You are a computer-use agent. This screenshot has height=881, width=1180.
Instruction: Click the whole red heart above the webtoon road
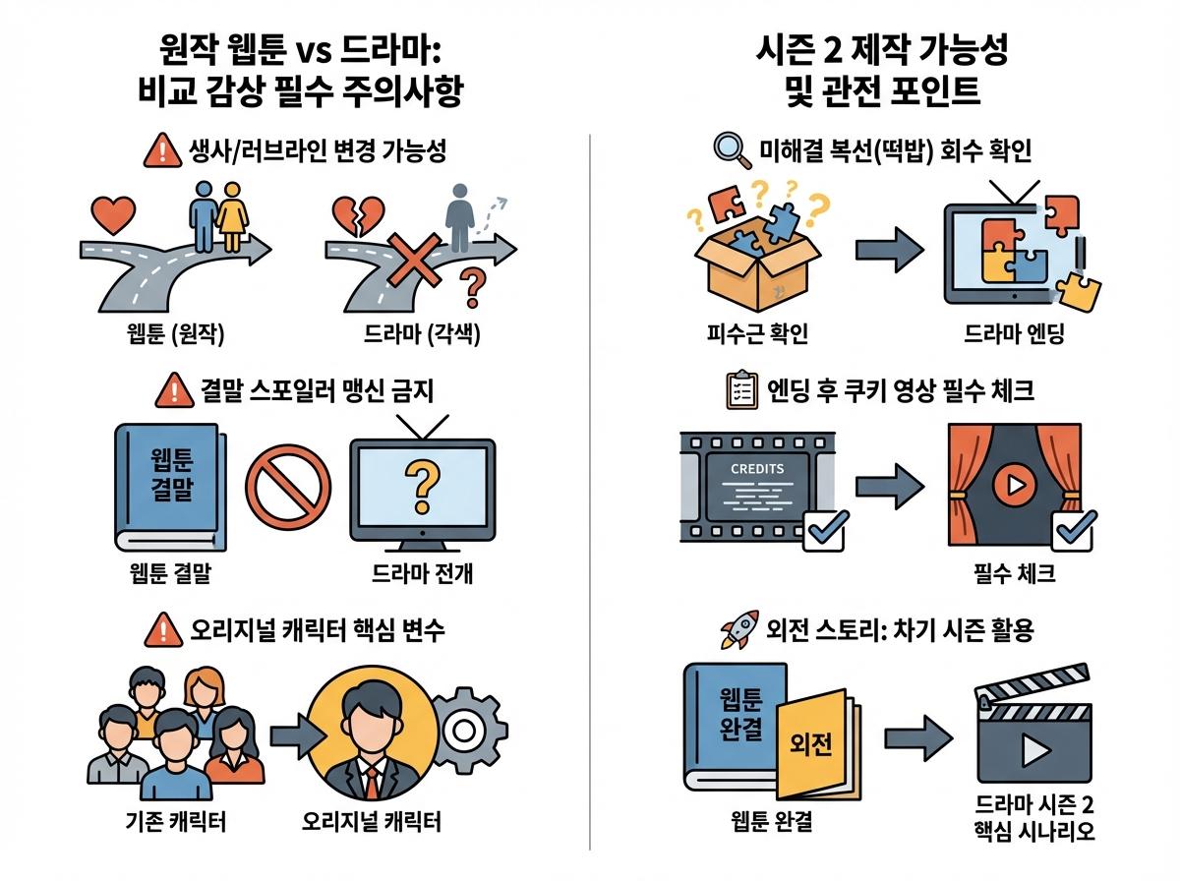(x=113, y=215)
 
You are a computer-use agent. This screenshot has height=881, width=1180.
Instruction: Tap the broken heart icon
(x=359, y=216)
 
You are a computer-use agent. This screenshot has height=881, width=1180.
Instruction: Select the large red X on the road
(x=415, y=261)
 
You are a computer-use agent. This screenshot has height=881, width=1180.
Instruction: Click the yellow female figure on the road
(x=232, y=216)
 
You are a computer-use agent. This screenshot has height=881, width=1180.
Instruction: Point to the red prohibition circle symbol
(x=288, y=488)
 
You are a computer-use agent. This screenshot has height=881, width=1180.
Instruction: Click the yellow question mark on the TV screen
(x=422, y=487)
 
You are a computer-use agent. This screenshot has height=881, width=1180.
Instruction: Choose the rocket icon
(x=739, y=629)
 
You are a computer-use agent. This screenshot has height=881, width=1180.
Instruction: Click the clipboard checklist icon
(x=741, y=389)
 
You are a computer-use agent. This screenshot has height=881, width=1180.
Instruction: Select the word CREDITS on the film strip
(x=757, y=469)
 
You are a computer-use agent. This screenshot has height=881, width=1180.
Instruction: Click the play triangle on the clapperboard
(x=1034, y=750)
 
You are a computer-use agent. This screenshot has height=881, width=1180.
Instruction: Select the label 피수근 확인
(x=757, y=333)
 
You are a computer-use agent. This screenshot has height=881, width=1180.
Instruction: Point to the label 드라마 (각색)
(x=421, y=334)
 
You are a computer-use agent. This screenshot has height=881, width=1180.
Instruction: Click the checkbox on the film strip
(x=825, y=532)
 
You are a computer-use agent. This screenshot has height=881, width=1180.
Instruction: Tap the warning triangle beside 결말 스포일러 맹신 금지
(x=174, y=390)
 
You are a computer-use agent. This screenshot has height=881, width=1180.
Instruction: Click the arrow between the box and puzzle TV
(x=889, y=250)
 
